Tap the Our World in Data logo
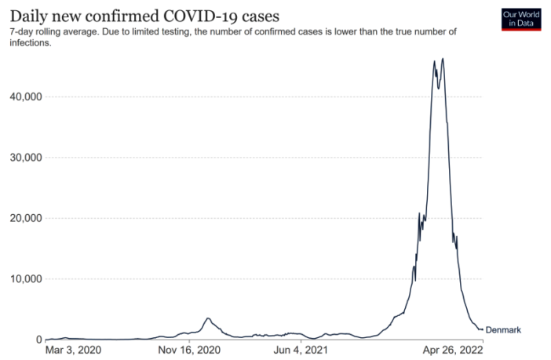coord(521,20)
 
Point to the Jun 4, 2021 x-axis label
coord(301,351)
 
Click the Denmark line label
coord(503,330)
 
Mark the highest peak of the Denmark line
coord(443,58)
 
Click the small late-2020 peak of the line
coord(207,318)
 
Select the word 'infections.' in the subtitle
coord(30,43)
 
